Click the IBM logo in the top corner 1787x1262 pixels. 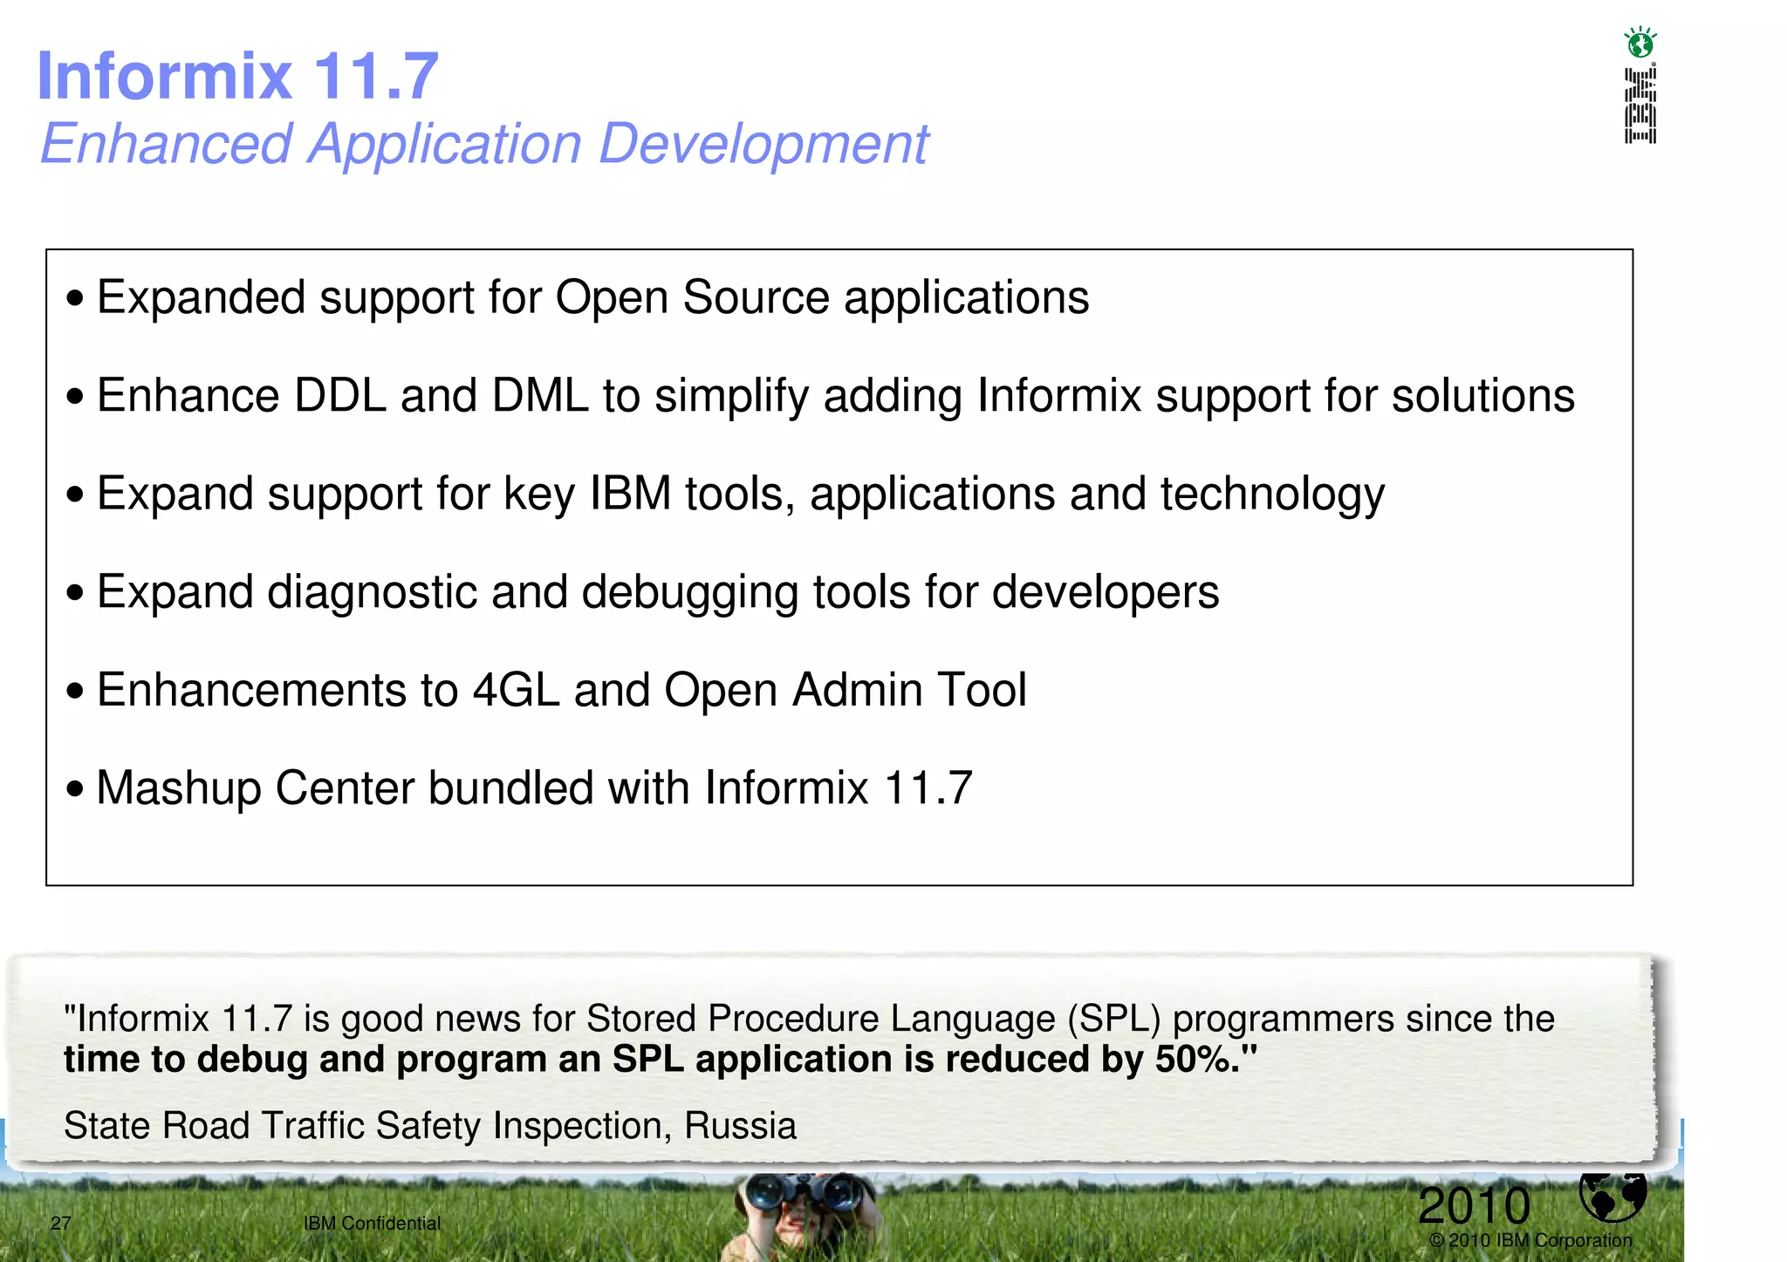[1640, 106]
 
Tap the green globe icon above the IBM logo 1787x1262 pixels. [1640, 42]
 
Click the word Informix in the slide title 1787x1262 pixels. [165, 77]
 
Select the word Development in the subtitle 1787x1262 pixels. [763, 144]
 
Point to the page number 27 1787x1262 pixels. [60, 1223]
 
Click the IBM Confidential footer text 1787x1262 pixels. [372, 1223]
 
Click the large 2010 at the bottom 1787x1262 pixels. [1474, 1205]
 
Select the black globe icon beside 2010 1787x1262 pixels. [1612, 1196]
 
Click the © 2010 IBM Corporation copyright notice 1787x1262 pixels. [1530, 1240]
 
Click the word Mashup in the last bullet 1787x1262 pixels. [179, 788]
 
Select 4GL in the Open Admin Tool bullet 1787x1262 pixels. [516, 691]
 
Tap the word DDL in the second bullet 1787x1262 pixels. [340, 396]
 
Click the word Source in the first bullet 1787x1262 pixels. [756, 297]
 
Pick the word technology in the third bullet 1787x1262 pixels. [1272, 495]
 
